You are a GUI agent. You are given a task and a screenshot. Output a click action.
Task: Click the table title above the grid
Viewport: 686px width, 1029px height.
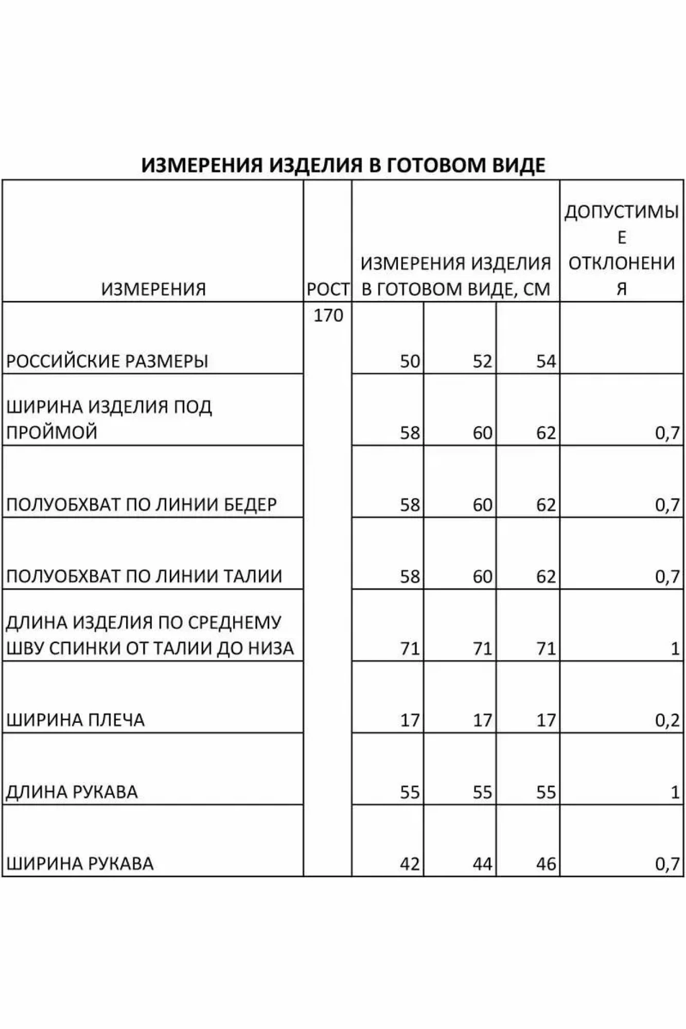click(343, 165)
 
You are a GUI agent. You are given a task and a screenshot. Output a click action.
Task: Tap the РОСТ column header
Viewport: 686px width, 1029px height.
click(328, 289)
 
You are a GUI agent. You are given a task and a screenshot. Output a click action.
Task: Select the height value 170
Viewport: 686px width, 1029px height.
click(328, 315)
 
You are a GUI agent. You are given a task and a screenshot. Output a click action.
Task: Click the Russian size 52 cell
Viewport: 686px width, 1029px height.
click(482, 361)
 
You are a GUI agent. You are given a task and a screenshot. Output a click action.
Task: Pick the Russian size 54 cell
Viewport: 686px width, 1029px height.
click(546, 361)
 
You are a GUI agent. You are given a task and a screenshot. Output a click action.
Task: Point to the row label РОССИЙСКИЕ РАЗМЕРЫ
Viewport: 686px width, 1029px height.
click(107, 361)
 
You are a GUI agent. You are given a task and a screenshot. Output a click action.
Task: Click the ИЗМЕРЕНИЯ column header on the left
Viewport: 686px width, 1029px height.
click(153, 289)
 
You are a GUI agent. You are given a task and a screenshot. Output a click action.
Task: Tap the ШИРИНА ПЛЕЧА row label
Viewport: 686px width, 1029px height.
click(75, 720)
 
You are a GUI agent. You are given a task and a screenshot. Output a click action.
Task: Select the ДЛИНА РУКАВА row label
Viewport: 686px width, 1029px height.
click(72, 792)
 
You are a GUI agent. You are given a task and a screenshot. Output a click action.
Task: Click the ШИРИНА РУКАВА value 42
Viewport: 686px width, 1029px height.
click(410, 864)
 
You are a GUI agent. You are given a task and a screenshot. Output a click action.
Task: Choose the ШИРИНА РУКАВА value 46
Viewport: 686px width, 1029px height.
click(546, 864)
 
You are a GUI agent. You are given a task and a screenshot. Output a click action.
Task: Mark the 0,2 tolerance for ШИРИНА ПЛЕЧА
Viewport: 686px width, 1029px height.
click(667, 720)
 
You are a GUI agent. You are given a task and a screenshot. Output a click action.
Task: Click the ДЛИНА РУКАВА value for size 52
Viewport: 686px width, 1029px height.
click(482, 792)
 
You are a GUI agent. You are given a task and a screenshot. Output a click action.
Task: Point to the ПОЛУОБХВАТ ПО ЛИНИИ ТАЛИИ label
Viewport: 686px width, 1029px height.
click(144, 576)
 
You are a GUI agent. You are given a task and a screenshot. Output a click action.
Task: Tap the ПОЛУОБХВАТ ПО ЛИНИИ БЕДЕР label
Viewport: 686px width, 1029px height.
click(142, 504)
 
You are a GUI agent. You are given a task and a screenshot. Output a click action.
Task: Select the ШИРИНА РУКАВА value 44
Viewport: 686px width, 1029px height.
click(482, 864)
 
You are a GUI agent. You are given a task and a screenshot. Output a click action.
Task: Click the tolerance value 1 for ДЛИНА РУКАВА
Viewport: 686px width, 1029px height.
click(675, 792)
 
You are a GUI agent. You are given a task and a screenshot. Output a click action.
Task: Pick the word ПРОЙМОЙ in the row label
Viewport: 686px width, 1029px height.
click(51, 432)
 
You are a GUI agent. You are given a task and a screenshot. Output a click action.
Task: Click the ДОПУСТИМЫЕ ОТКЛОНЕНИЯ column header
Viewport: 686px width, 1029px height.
click(622, 250)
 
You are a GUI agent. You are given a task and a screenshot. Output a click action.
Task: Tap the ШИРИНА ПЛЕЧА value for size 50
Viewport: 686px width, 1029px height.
click(410, 720)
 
